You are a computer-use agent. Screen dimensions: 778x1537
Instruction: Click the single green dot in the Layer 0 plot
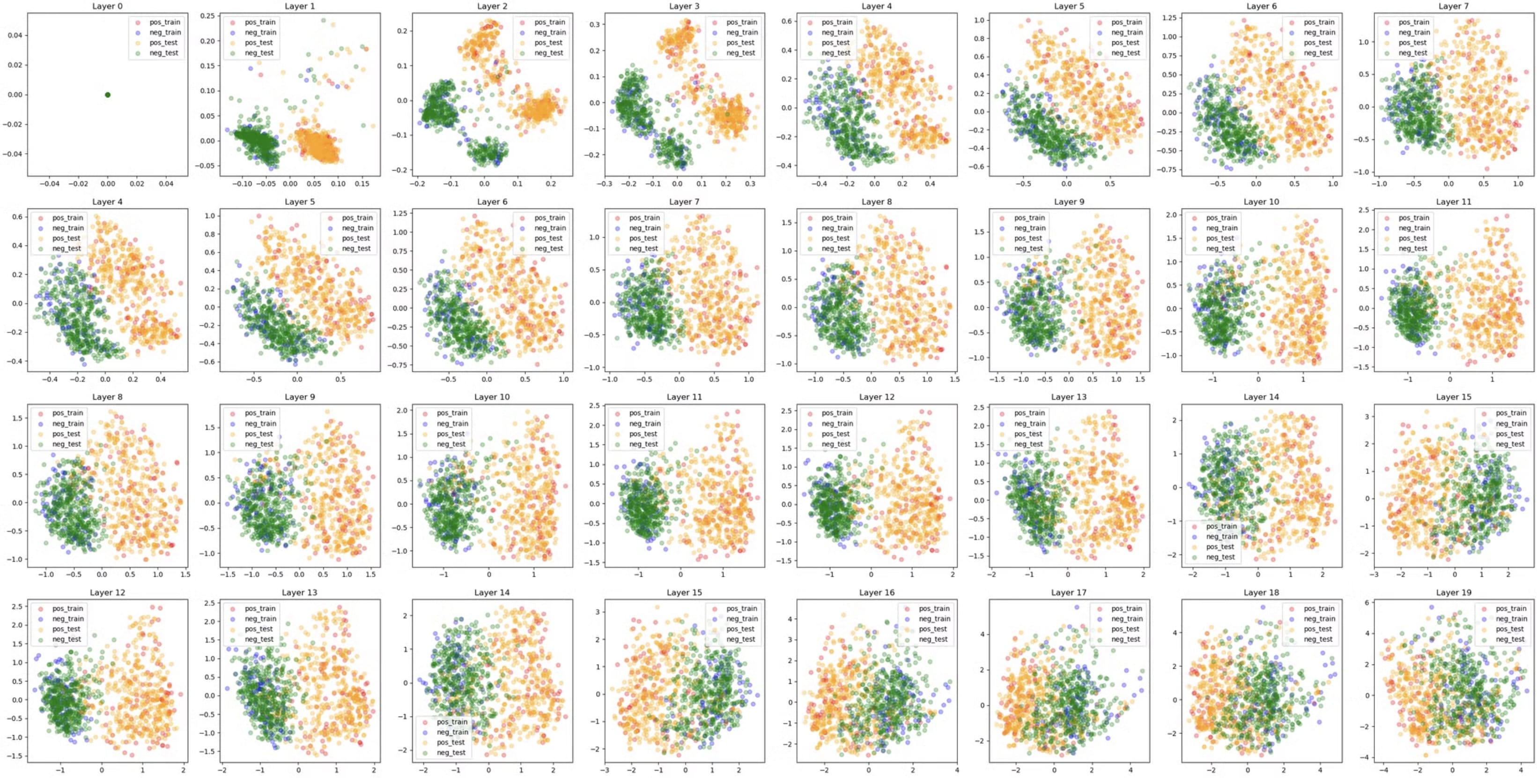coord(107,94)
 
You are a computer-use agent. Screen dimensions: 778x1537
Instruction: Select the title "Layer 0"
coord(107,6)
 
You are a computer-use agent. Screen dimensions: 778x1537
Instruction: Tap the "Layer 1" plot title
coord(300,6)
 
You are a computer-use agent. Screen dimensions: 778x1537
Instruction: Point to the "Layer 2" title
coord(492,6)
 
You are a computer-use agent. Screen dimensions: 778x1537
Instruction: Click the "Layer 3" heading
coord(684,6)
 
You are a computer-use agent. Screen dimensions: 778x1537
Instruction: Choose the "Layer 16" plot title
coord(877,592)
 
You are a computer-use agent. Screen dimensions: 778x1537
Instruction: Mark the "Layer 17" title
coord(1069,592)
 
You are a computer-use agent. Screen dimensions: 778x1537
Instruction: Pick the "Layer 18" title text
coord(1261,592)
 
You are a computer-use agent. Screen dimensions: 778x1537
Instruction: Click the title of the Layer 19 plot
coord(1454,592)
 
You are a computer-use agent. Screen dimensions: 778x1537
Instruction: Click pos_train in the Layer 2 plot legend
coord(549,22)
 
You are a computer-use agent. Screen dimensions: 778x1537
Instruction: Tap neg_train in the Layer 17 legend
coord(1126,619)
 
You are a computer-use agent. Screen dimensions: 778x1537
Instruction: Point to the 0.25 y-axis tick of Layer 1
coord(207,15)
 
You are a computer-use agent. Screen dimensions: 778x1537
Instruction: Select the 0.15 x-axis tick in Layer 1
coord(362,184)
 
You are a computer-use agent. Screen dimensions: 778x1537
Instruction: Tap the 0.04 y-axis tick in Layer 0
coord(15,35)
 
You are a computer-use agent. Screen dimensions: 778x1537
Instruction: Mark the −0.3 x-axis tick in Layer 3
coord(605,184)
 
